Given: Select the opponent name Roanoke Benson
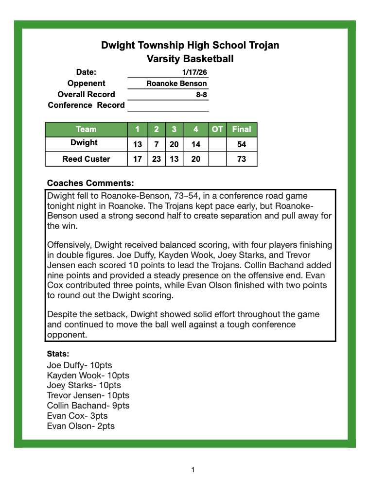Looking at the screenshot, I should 176,84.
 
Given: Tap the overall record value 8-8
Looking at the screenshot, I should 201,95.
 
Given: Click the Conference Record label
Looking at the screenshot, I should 86,105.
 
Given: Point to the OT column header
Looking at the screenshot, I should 217,129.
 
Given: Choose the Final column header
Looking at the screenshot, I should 242,129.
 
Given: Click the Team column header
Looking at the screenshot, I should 86,129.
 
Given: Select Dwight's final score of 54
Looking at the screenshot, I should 242,144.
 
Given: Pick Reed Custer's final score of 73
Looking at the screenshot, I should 242,159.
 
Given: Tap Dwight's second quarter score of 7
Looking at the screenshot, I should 157,144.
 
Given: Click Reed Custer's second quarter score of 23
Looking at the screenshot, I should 157,159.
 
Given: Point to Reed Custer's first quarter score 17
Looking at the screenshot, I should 138,159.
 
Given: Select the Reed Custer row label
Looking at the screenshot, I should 86,159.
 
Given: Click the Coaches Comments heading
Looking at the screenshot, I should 90,183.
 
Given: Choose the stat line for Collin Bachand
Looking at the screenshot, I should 88,406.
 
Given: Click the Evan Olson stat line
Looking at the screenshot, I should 81,426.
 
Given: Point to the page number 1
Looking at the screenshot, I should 193,469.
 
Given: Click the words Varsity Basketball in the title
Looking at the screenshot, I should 190,59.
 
